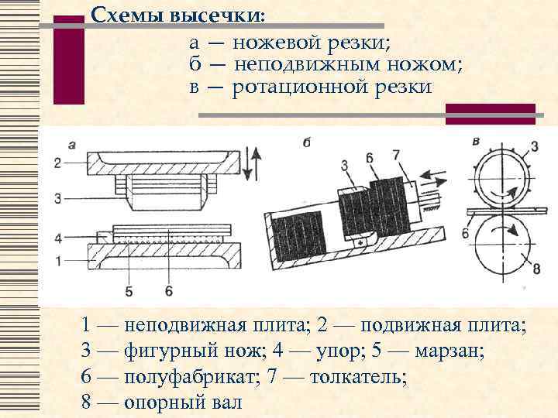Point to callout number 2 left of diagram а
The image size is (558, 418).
click(57, 162)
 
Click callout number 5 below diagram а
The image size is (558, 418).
click(129, 291)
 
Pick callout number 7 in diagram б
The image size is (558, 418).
click(396, 155)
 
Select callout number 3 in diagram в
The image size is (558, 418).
click(535, 147)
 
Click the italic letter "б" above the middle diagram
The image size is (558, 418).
click(307, 142)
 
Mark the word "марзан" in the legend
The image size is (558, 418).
click(449, 351)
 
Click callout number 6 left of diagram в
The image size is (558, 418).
click(464, 232)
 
